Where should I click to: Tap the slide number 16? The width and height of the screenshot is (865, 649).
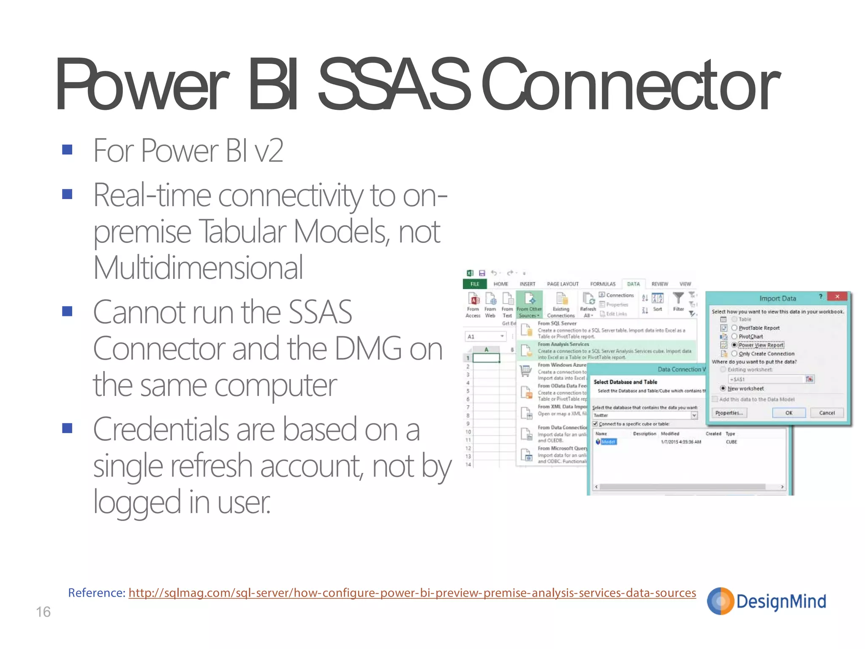[43, 612]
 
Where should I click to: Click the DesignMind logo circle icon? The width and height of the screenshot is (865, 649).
[721, 601]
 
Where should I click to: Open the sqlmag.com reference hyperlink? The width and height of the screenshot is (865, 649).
[412, 593]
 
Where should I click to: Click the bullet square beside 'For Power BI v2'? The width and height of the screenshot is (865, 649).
[67, 150]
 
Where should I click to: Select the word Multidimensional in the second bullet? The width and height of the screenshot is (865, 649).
[198, 268]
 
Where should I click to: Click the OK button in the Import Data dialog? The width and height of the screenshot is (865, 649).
[789, 413]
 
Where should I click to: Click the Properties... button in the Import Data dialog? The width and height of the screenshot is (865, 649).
[729, 413]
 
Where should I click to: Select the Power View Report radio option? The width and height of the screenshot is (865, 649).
[734, 345]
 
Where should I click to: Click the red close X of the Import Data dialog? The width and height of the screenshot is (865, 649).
[837, 297]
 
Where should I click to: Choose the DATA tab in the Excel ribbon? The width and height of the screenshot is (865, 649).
[633, 284]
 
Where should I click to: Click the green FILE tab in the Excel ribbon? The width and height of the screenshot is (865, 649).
[475, 284]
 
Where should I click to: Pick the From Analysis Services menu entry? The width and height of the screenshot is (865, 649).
[563, 344]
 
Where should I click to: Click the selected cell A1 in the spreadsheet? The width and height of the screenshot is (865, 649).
[486, 358]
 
